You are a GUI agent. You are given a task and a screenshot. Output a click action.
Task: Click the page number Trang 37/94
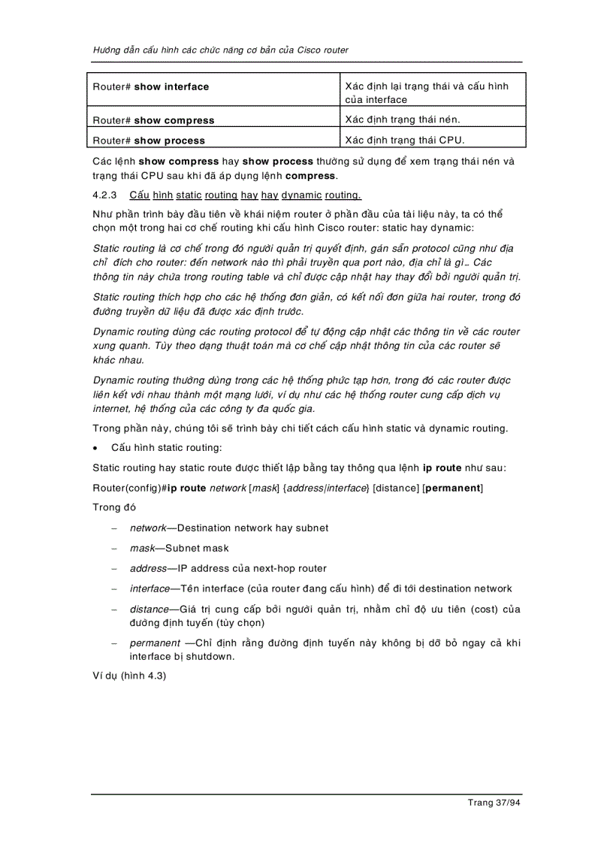coord(494,803)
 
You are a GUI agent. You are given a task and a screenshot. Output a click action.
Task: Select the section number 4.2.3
coord(104,195)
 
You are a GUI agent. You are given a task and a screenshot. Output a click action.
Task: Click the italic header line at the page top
coord(220,50)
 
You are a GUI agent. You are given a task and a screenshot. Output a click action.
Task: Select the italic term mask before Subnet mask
coord(141,549)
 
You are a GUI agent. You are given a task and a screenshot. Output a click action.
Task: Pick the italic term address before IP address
coord(147,569)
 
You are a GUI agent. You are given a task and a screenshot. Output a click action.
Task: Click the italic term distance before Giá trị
coord(149,610)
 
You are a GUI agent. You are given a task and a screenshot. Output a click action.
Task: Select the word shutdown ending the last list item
coord(210,656)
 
